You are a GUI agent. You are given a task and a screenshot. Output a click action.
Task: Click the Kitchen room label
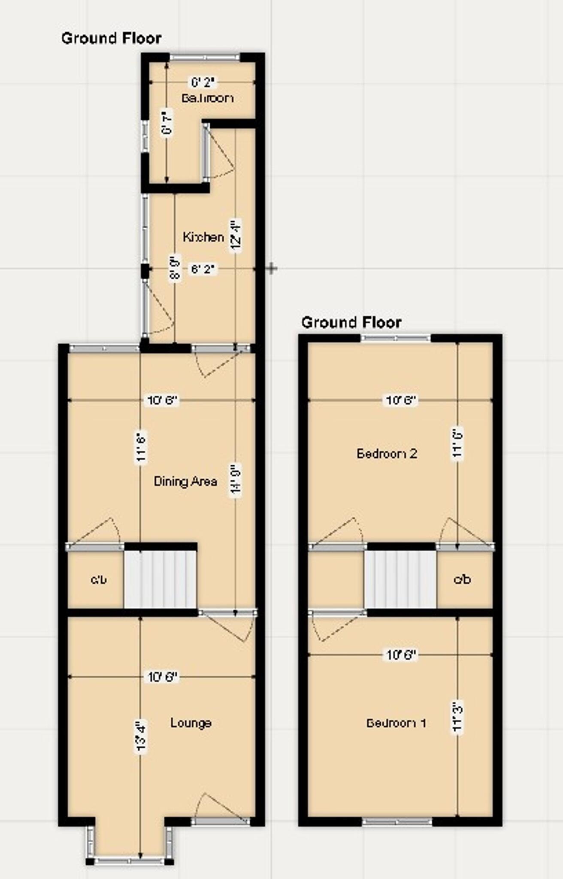[x=203, y=237]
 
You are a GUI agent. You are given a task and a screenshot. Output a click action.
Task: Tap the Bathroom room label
[x=208, y=98]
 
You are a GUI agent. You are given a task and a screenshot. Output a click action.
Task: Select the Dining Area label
[x=185, y=482]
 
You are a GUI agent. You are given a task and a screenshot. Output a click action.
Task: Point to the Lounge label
[x=191, y=723]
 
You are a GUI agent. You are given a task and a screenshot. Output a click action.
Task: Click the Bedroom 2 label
[x=387, y=453]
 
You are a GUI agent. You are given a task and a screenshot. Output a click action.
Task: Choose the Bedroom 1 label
[x=396, y=723]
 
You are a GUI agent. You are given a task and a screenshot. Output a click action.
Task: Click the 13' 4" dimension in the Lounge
[x=141, y=737]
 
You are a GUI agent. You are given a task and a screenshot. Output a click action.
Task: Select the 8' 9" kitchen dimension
[x=175, y=268]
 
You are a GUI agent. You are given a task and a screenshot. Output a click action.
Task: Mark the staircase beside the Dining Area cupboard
[x=160, y=579]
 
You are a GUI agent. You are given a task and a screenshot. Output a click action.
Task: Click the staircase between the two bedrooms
[x=400, y=579]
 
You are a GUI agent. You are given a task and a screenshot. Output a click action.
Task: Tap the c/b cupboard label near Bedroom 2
[x=462, y=579]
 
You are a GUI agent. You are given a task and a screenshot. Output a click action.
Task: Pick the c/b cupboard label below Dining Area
[x=98, y=579]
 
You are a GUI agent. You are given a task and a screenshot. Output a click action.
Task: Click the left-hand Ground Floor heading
[x=112, y=38]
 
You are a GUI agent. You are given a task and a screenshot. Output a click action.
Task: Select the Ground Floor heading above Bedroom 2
[x=351, y=322]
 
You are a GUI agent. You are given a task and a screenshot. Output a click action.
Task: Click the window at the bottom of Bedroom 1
[x=397, y=822]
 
